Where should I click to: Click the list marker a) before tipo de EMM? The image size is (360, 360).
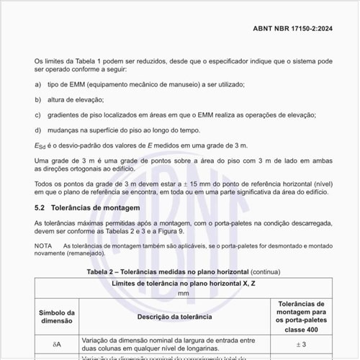[37, 84]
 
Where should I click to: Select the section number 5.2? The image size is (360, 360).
[40, 208]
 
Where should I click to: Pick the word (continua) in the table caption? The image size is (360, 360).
[261, 272]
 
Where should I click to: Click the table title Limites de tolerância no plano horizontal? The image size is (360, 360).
[184, 284]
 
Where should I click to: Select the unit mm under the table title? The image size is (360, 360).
[184, 294]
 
